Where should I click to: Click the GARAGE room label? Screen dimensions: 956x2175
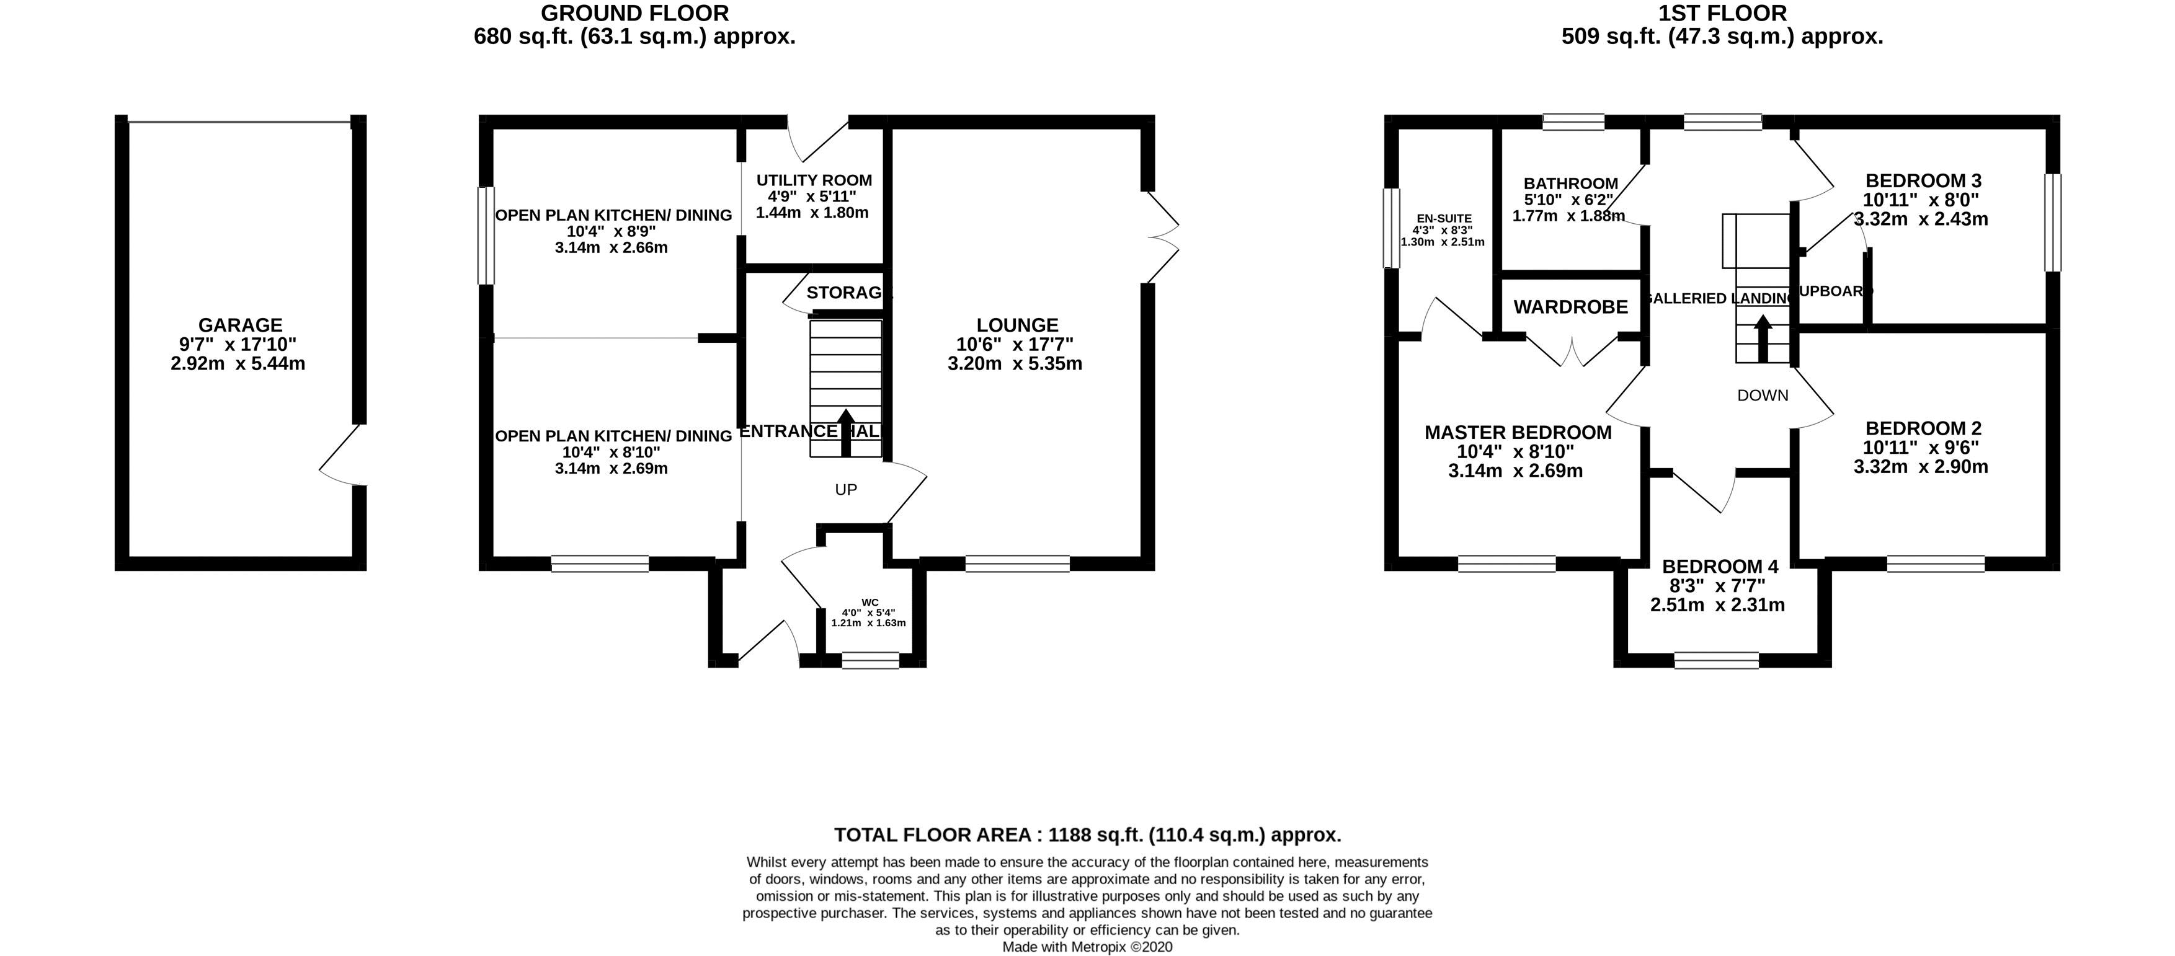point(240,325)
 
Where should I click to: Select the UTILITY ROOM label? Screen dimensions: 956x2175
point(814,180)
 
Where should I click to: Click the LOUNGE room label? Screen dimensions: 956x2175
point(1016,325)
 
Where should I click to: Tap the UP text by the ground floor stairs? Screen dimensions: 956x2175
point(846,489)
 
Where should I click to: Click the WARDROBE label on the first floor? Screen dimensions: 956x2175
point(1570,307)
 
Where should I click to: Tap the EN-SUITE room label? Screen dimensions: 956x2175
point(1443,218)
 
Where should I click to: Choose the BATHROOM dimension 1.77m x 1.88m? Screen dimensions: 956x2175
point(1568,216)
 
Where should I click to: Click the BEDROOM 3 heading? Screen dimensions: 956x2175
point(1922,180)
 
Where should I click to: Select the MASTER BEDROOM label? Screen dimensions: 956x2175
point(1517,433)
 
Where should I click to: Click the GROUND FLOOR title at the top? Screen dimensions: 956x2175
point(634,14)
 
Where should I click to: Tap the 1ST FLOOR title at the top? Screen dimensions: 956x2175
point(1722,14)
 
